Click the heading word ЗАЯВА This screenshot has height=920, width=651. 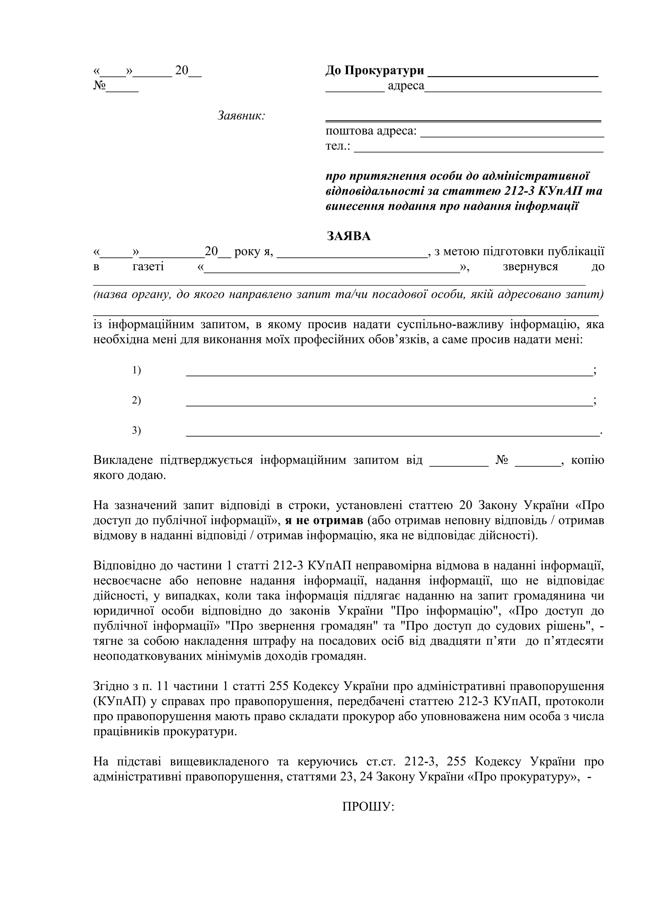click(x=349, y=236)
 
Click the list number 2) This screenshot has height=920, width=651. click(x=136, y=400)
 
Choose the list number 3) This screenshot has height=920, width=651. click(x=136, y=430)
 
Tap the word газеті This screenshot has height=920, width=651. click(x=148, y=266)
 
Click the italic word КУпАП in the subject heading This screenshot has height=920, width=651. click(x=559, y=191)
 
